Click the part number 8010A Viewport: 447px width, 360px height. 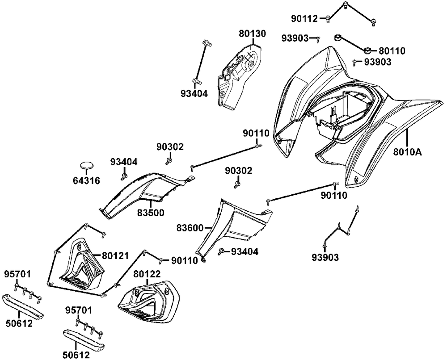pos(408,151)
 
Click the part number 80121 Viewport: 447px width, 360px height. pos(115,256)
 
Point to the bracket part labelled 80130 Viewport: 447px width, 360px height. pos(237,76)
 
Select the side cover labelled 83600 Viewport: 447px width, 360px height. pos(237,223)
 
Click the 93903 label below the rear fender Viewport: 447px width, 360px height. pos(325,257)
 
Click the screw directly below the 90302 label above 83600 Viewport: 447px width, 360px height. pos(237,183)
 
